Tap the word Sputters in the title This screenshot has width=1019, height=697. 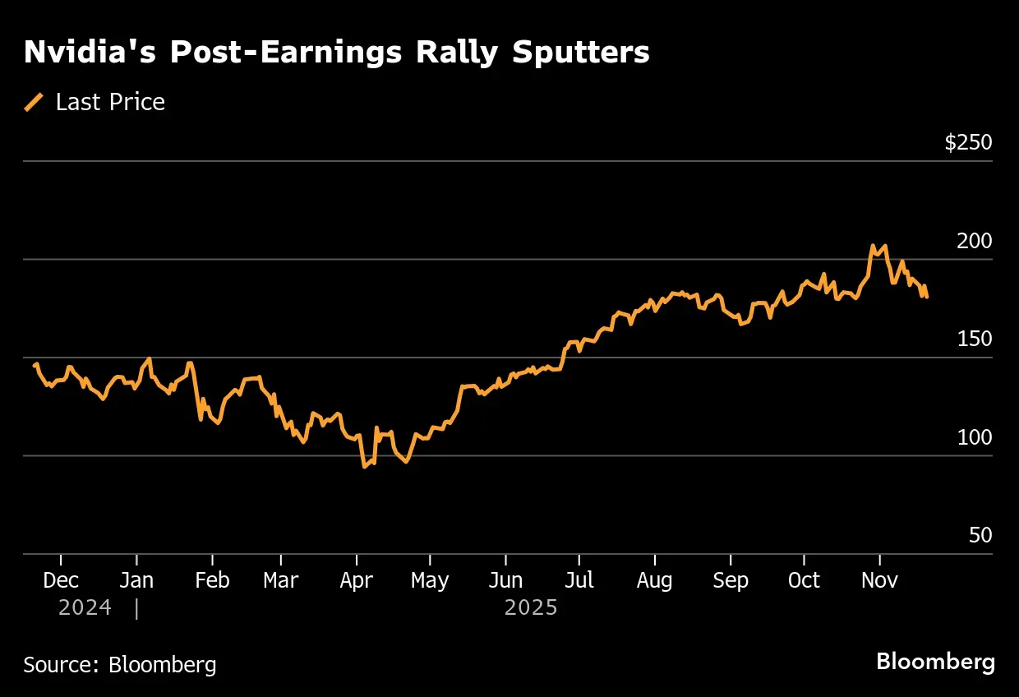pyautogui.click(x=581, y=53)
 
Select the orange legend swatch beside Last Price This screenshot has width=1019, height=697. pyautogui.click(x=35, y=102)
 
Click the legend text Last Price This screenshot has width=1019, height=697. pyautogui.click(x=110, y=102)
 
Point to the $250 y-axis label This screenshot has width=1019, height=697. pyautogui.click(x=968, y=143)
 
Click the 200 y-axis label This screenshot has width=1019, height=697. pyautogui.click(x=974, y=241)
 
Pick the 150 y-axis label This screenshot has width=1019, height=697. pyautogui.click(x=974, y=339)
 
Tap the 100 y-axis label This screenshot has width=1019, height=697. pyautogui.click(x=974, y=437)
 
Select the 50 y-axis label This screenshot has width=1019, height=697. pyautogui.click(x=980, y=535)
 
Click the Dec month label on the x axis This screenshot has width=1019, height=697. pyautogui.click(x=61, y=580)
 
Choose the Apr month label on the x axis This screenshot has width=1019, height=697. pyautogui.click(x=356, y=580)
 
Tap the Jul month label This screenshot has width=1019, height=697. pyautogui.click(x=579, y=580)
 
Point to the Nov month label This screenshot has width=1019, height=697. pyautogui.click(x=880, y=580)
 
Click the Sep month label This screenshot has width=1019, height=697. pyautogui.click(x=731, y=580)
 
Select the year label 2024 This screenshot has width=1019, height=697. pyautogui.click(x=85, y=608)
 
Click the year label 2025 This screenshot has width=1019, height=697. pyautogui.click(x=531, y=608)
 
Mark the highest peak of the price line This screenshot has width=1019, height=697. pyautogui.click(x=873, y=246)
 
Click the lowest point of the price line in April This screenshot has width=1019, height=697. pyautogui.click(x=364, y=467)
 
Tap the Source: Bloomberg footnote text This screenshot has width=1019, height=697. pyautogui.click(x=120, y=664)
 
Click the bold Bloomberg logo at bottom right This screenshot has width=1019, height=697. pyautogui.click(x=935, y=662)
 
